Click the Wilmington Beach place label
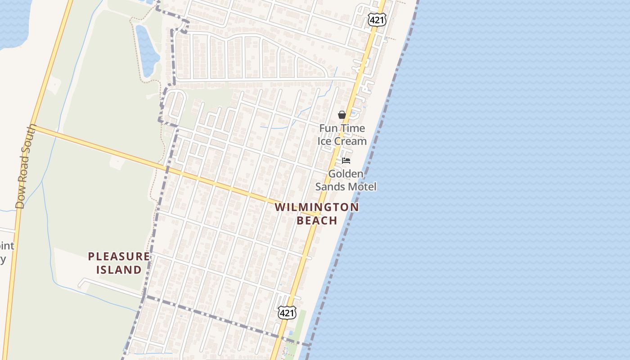pos(317,214)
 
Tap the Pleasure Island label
pos(119,263)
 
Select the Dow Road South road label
pos(25,166)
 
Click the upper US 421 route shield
pos(376,20)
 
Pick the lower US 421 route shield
pos(287,312)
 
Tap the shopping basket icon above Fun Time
pos(342,115)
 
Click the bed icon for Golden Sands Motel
pos(346,161)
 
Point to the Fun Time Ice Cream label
pos(342,135)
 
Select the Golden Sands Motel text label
pos(346,180)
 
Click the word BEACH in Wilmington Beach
pos(317,220)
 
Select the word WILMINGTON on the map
pos(317,207)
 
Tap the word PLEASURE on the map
pos(119,256)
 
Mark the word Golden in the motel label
pos(346,173)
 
